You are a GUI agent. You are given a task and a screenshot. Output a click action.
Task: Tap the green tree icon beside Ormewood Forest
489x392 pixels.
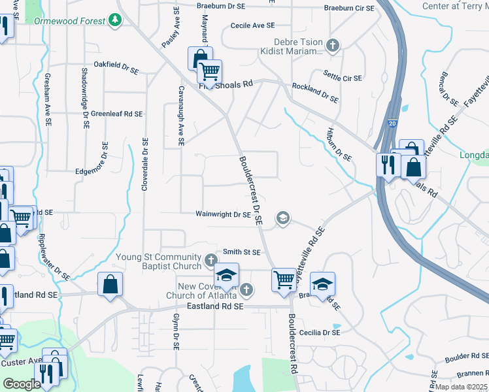(116, 20)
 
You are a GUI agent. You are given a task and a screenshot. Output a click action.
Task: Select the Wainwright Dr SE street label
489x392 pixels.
(223, 214)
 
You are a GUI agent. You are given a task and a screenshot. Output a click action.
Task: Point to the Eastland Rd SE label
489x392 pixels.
(215, 306)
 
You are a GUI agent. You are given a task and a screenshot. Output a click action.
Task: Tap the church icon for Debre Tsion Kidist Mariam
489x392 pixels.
(333, 45)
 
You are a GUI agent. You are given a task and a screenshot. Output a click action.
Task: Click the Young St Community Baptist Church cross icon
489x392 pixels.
(211, 261)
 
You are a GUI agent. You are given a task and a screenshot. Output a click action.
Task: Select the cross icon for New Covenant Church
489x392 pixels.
(246, 289)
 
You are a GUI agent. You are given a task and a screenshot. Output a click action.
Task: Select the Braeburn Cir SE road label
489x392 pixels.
(350, 8)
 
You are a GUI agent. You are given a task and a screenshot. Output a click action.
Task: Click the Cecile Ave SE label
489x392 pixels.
(252, 25)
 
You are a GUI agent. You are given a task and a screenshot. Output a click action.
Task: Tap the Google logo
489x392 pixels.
(22, 384)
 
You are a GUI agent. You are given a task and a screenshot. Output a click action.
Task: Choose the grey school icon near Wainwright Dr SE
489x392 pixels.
(283, 218)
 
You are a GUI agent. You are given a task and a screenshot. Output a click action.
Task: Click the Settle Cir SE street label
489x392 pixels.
(343, 78)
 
